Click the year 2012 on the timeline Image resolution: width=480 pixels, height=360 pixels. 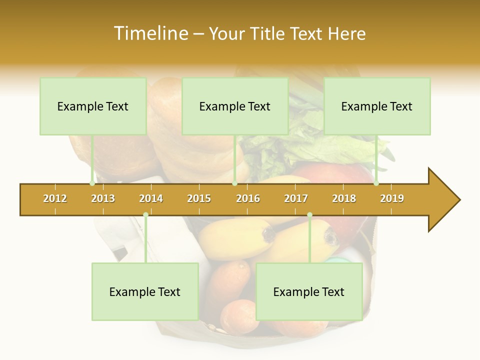point(55,198)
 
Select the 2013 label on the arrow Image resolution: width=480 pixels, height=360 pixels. point(103,198)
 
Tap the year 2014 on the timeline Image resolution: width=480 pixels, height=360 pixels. point(151,198)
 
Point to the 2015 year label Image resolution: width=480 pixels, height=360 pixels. point(199,198)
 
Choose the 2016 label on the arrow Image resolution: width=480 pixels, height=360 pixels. point(248,198)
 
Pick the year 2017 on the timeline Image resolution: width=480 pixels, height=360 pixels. point(296,198)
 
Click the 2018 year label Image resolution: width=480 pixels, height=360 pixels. point(344,198)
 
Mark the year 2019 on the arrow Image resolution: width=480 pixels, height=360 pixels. point(392,198)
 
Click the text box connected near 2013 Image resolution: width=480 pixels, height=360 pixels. point(93,106)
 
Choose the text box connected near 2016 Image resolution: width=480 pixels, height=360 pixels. point(235,106)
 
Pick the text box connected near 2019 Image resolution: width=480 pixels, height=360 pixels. point(377,106)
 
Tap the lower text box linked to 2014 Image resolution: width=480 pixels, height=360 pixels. point(145,292)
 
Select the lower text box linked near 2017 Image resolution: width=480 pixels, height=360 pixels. point(309,292)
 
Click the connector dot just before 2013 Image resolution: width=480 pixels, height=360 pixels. point(92,183)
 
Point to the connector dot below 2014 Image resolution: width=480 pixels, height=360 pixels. point(145,215)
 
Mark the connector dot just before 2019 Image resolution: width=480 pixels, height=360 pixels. point(376,183)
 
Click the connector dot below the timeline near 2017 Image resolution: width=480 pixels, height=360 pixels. point(309,215)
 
